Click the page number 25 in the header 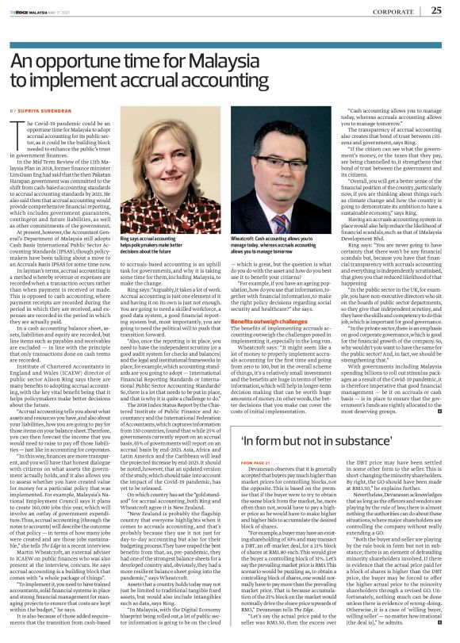[x=435, y=10]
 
